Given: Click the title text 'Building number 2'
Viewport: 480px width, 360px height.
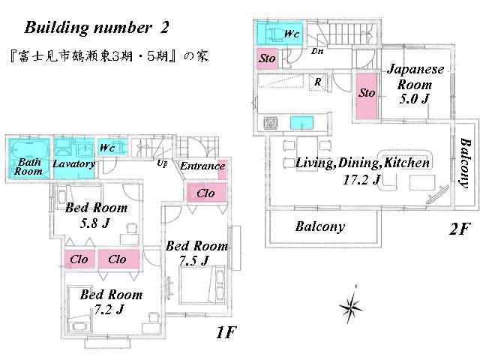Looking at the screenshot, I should tap(97, 28).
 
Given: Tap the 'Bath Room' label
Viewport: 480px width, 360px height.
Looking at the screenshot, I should tap(29, 166).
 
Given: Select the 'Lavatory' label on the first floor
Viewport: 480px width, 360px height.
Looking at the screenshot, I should tap(73, 164).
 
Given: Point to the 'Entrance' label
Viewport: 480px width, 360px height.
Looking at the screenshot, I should tap(202, 166).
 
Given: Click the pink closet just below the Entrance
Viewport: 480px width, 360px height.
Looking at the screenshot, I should tap(206, 193).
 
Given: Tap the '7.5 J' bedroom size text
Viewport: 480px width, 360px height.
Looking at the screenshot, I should tap(193, 260).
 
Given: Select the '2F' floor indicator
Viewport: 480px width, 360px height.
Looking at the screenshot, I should tap(459, 229).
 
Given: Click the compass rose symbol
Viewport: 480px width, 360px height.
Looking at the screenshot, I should tap(350, 305).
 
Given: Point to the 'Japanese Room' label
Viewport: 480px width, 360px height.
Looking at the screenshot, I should tap(415, 76).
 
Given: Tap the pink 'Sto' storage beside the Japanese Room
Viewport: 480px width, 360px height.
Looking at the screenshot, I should tap(367, 94).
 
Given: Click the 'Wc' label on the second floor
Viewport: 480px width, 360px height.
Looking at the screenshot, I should tap(293, 34).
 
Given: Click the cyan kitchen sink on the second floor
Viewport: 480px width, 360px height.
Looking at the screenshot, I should tap(301, 123).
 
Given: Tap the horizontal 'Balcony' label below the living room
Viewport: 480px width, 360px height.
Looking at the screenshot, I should tap(319, 226).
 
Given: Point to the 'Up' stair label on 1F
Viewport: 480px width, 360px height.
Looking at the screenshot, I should tap(162, 163).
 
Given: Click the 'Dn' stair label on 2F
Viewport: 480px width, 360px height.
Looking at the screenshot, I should tap(318, 52).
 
